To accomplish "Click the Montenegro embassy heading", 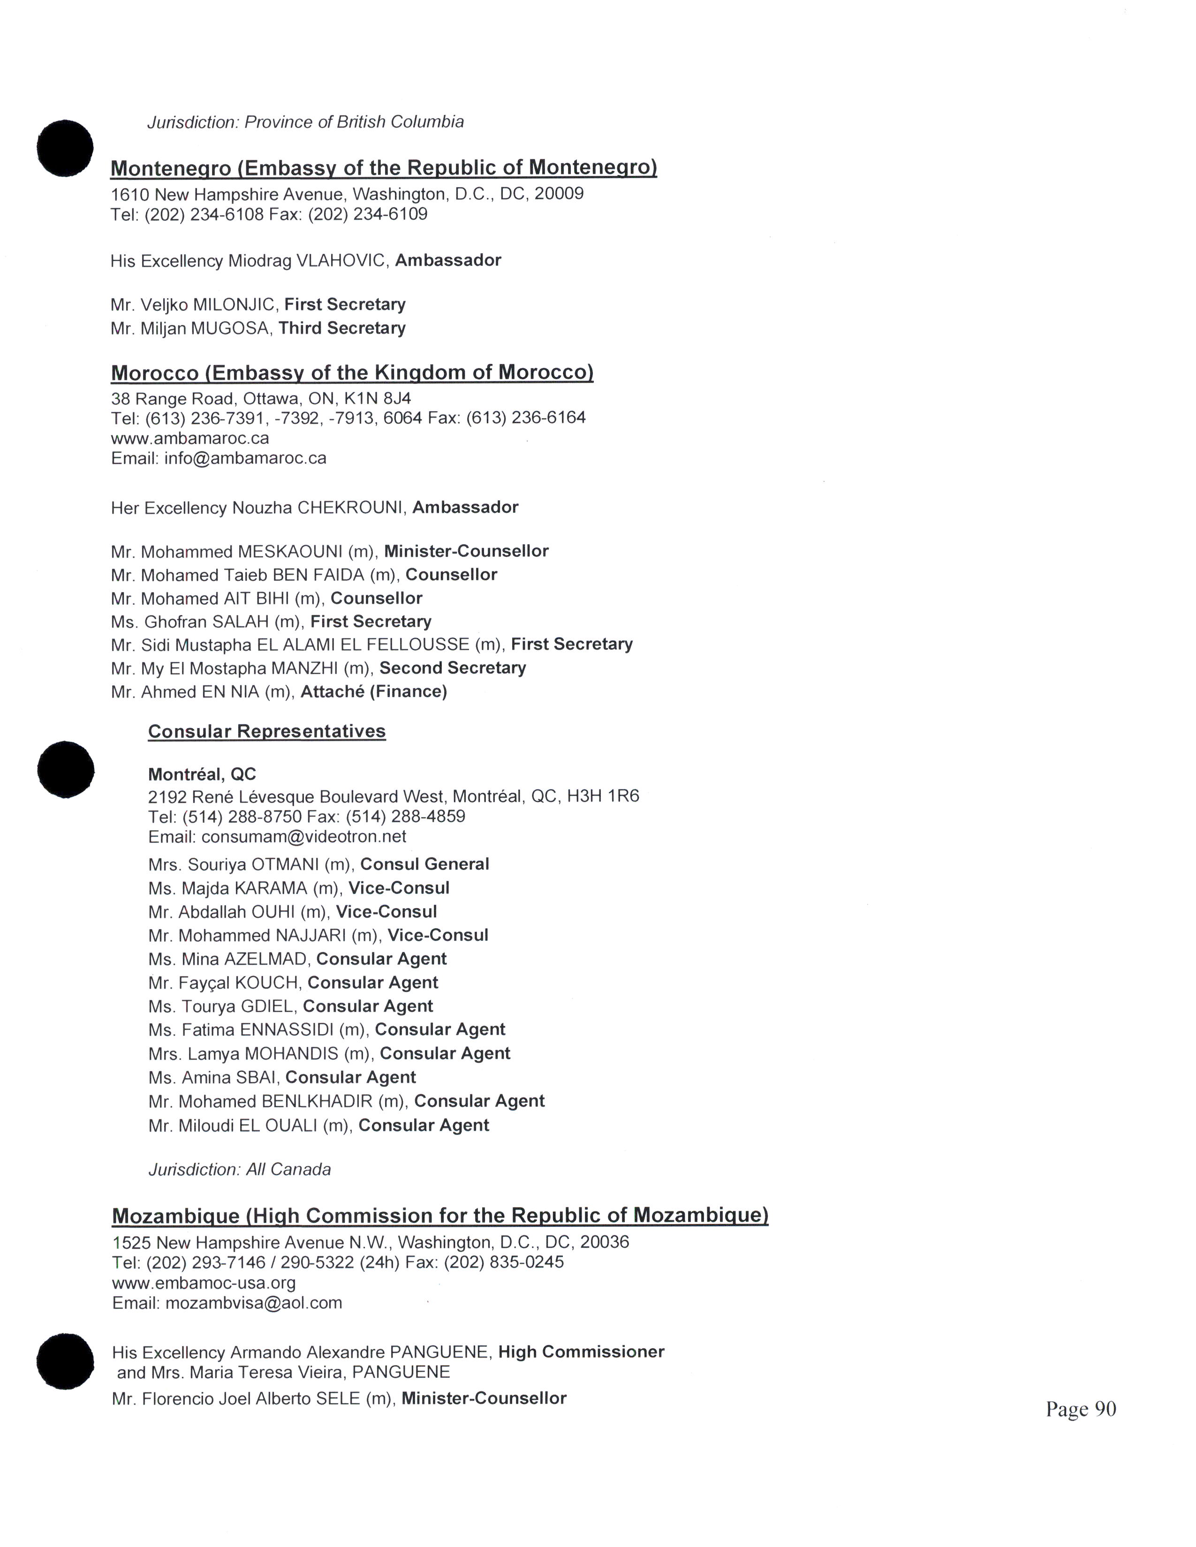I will [383, 168].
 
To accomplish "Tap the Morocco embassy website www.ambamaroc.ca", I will [190, 438].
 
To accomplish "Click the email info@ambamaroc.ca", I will [245, 458].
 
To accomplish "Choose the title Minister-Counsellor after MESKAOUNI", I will [466, 551].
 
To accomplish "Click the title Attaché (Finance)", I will [373, 691].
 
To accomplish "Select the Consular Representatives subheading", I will [266, 731].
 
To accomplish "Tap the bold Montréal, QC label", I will [202, 774].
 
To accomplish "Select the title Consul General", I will [424, 864].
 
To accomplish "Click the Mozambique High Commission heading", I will [440, 1216].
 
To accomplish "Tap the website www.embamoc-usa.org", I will [204, 1283].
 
